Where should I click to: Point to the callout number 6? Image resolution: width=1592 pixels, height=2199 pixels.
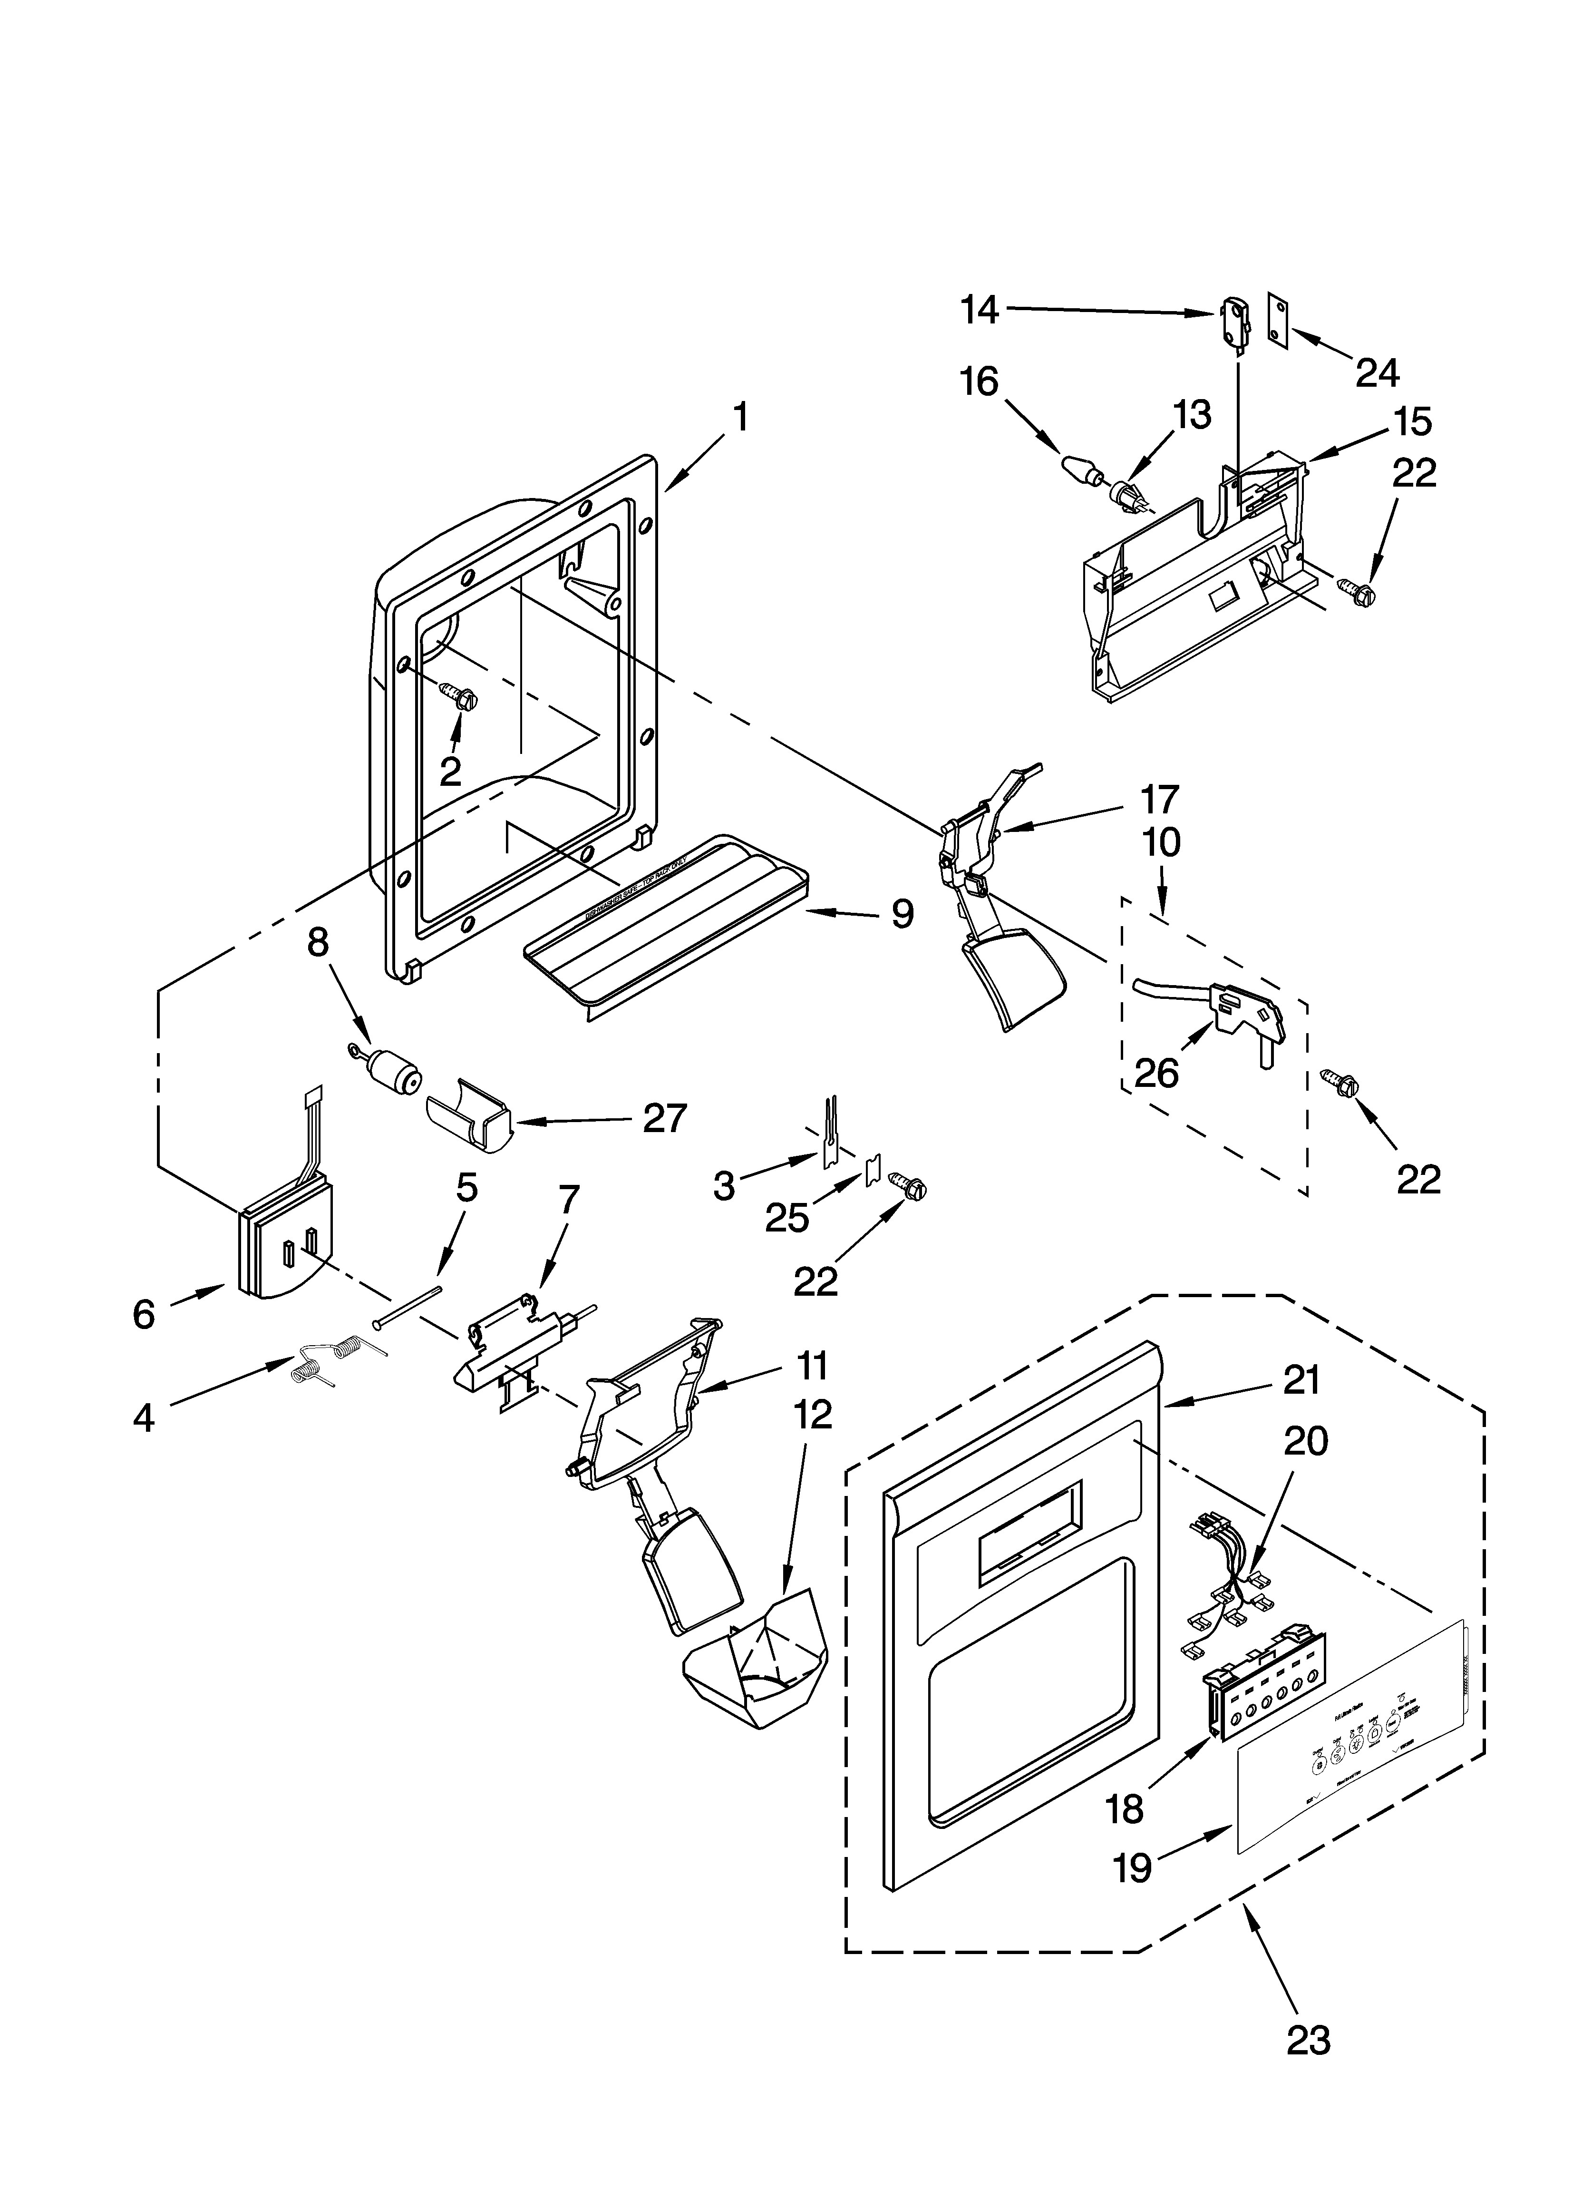[x=143, y=1314]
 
